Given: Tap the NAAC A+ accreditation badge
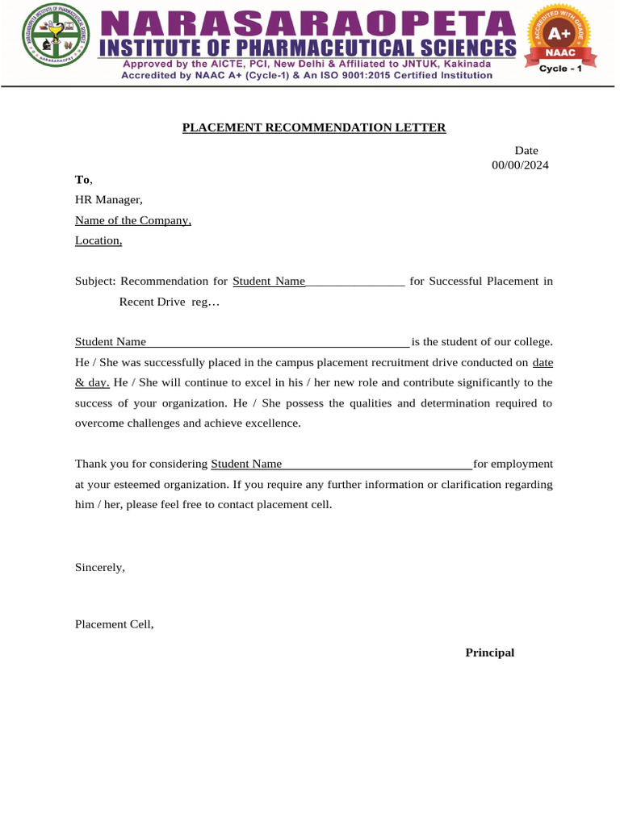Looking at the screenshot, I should point(560,36).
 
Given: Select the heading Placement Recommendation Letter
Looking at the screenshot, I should point(313,127).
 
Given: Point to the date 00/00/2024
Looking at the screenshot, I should point(520,165).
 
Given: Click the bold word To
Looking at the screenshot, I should point(82,179).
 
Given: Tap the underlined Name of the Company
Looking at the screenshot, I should point(133,220).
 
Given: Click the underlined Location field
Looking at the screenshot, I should point(98,240).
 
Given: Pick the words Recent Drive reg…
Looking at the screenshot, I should point(170,302).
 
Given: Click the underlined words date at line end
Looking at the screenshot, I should point(542,362).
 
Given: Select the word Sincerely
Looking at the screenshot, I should point(100,567).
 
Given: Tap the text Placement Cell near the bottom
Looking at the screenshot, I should point(114,624).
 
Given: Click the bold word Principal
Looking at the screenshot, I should point(489,653).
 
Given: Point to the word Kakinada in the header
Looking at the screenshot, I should point(462,63).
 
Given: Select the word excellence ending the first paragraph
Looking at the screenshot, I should point(272,423).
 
